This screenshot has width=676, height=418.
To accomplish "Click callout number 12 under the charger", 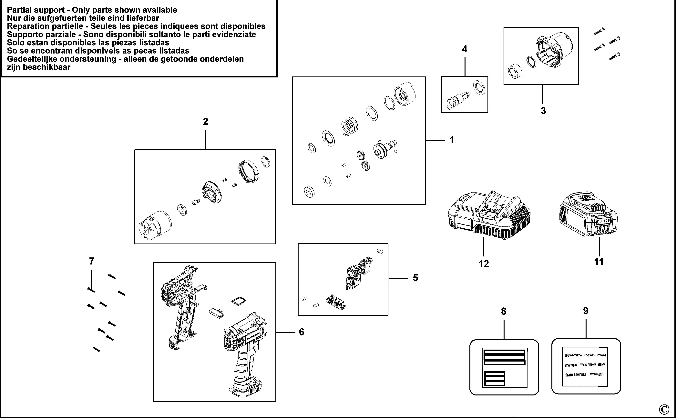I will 484,264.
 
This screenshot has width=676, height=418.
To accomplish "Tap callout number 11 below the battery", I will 599,262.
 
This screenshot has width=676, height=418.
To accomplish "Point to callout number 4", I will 465,49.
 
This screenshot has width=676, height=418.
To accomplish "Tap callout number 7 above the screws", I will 92,261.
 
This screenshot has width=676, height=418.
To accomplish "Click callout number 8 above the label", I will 503,311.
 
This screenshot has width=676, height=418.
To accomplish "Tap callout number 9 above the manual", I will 586,311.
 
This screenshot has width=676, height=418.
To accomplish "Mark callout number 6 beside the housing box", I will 302,332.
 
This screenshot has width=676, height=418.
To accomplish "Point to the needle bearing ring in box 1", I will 389,104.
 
